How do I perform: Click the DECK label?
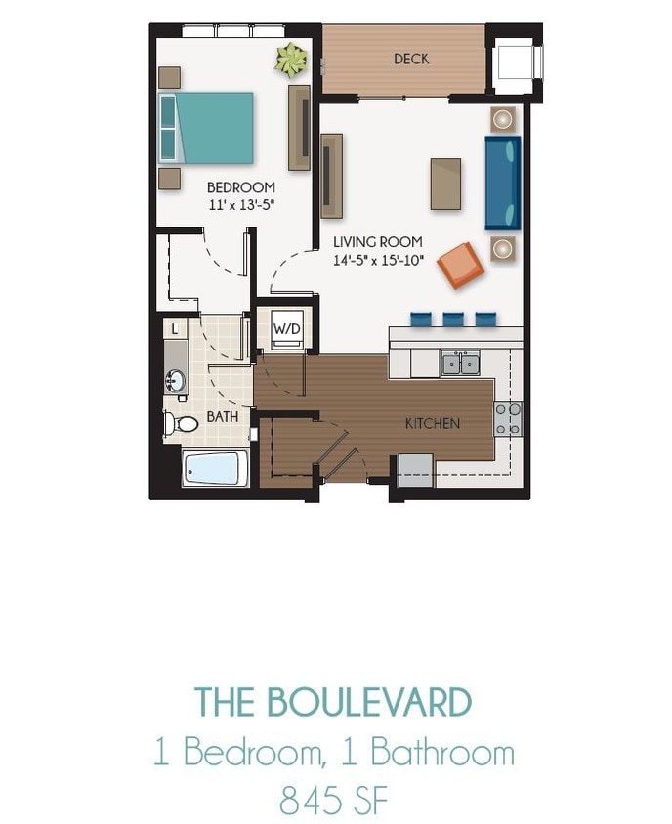(411, 60)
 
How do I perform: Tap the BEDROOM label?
(240, 187)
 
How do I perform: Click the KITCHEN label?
(433, 424)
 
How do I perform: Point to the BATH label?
(222, 418)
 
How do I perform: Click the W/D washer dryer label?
(286, 328)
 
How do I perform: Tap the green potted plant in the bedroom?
(290, 61)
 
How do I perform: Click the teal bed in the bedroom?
(208, 128)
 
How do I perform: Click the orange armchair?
(460, 265)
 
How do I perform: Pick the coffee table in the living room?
(446, 183)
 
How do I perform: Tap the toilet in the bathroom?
(177, 423)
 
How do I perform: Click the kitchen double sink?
(459, 364)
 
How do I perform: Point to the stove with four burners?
(507, 418)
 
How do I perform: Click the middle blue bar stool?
(453, 319)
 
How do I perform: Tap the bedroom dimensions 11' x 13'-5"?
(241, 205)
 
